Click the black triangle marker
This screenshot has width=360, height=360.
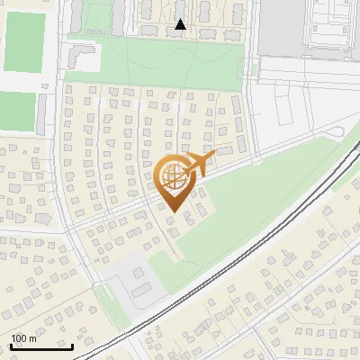(181, 24)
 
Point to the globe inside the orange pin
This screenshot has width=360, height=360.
(174, 177)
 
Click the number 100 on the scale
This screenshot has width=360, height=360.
(20, 338)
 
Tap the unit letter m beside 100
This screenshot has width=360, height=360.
(32, 338)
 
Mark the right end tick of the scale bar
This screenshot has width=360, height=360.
(73, 345)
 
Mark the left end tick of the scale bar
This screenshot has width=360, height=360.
(10, 345)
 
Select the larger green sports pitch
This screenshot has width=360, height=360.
(24, 42)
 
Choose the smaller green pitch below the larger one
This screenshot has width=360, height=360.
(15, 112)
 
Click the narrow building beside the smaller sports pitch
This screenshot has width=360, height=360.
(45, 113)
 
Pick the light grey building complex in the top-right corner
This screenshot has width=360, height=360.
(337, 22)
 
